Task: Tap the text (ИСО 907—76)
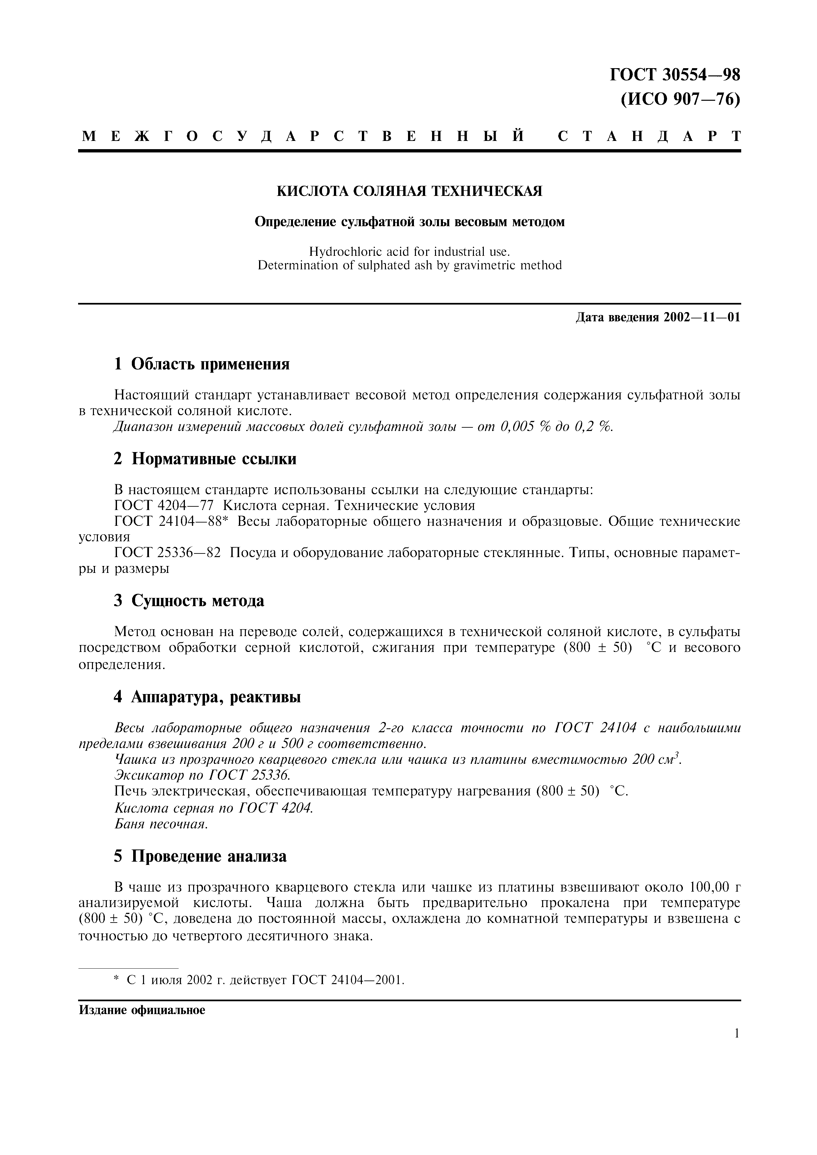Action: click(x=680, y=100)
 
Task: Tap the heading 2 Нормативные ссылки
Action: click(x=205, y=459)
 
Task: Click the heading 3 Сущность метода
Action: click(x=189, y=601)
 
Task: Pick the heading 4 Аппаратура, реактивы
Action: click(x=207, y=697)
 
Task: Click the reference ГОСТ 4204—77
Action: click(x=164, y=506)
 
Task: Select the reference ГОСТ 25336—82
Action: click(x=168, y=553)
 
